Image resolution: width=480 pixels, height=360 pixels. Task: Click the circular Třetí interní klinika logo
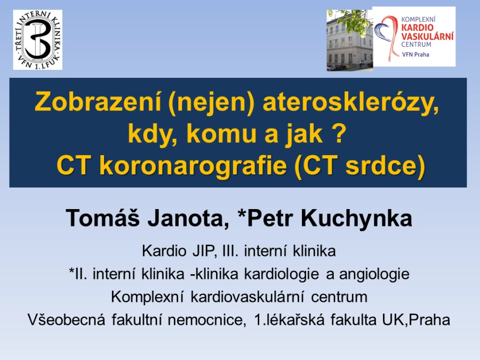(38, 40)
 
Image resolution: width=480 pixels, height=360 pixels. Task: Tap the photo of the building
(349, 41)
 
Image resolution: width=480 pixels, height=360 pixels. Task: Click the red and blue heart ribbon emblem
(387, 37)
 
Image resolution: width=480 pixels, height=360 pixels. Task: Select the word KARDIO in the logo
(417, 28)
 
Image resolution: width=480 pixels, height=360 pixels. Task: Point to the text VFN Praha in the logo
(415, 54)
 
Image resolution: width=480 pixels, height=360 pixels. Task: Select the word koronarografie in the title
(193, 166)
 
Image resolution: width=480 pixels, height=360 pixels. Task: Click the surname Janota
(188, 219)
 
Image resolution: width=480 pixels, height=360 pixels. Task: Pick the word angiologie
(374, 274)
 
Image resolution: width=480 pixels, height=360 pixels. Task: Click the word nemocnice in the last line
(206, 320)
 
